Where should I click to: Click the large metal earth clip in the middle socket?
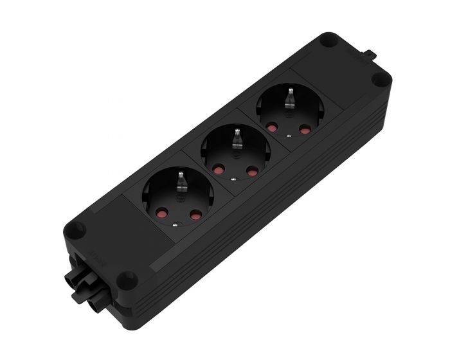237,137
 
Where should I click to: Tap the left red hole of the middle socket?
219,170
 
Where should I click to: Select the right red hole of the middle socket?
251,173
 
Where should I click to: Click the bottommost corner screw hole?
130,278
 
